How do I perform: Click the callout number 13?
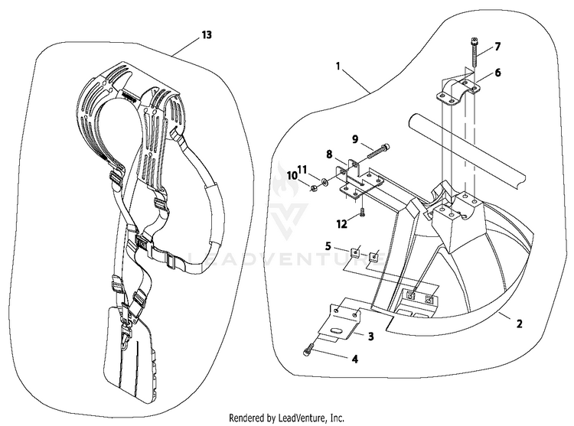(x=207, y=34)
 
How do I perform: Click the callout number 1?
(x=338, y=67)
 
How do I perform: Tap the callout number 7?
(x=497, y=47)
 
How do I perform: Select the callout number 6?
(x=497, y=73)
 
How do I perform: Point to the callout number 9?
(x=354, y=139)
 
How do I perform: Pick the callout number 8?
(x=329, y=154)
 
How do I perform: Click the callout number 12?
(x=341, y=224)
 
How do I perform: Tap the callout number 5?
(x=328, y=246)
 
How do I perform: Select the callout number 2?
(x=519, y=324)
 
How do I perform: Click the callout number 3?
(x=370, y=336)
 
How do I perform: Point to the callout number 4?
(x=354, y=359)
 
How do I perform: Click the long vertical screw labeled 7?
(x=472, y=52)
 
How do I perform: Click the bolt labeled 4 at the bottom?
(x=308, y=348)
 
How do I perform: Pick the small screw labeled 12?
(x=362, y=212)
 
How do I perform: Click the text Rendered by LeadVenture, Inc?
(x=286, y=418)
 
